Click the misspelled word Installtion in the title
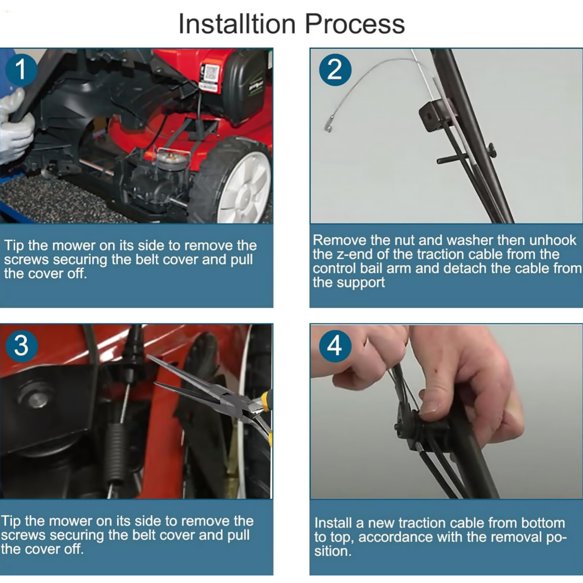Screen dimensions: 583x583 pyautogui.click(x=237, y=24)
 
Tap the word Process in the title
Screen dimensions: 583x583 pyautogui.click(x=355, y=24)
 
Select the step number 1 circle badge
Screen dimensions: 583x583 pyautogui.click(x=21, y=70)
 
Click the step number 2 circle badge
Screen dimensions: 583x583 pyautogui.click(x=335, y=70)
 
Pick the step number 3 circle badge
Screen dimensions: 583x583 pyautogui.click(x=22, y=345)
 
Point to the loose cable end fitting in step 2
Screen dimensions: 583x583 pyautogui.click(x=329, y=123)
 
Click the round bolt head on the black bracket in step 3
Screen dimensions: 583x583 pyautogui.click(x=36, y=398)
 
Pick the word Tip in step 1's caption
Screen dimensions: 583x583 pyautogui.click(x=14, y=245)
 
